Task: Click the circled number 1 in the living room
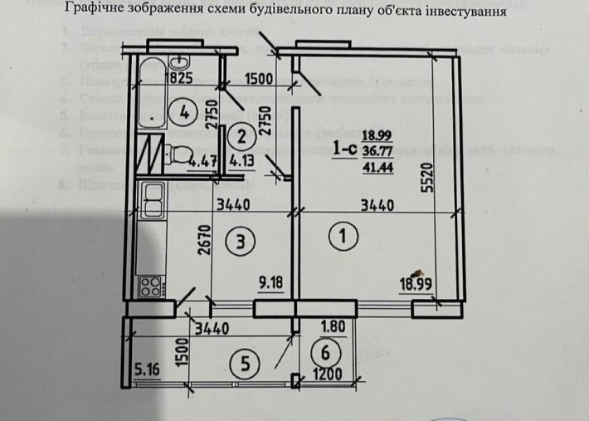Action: (343, 237)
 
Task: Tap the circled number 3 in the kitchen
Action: (239, 242)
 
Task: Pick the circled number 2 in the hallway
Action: (237, 133)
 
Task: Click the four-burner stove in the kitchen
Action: (151, 286)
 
